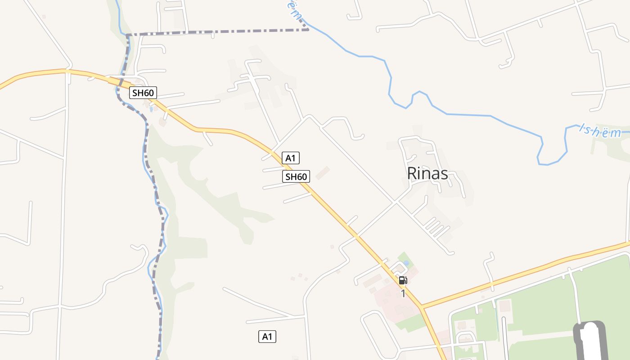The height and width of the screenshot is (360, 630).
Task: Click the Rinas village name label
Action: click(427, 173)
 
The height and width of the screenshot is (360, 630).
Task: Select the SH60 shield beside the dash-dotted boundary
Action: click(143, 93)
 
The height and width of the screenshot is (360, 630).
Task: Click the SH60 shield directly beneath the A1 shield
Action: click(296, 176)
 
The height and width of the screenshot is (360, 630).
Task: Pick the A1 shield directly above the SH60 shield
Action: click(291, 158)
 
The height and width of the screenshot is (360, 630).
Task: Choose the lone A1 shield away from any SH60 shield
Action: click(267, 336)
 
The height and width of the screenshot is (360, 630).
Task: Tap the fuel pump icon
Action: click(403, 280)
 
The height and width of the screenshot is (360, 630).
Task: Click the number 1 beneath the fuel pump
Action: click(403, 293)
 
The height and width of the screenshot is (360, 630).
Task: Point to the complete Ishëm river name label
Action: click(600, 131)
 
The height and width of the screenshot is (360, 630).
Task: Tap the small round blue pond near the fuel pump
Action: click(406, 263)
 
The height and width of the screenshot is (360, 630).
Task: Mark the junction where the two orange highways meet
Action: click(422, 308)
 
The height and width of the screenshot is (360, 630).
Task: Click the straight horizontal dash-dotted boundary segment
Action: click(216, 32)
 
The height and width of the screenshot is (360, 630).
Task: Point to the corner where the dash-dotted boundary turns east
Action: click(128, 35)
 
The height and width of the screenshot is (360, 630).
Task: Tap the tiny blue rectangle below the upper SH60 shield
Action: click(151, 108)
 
